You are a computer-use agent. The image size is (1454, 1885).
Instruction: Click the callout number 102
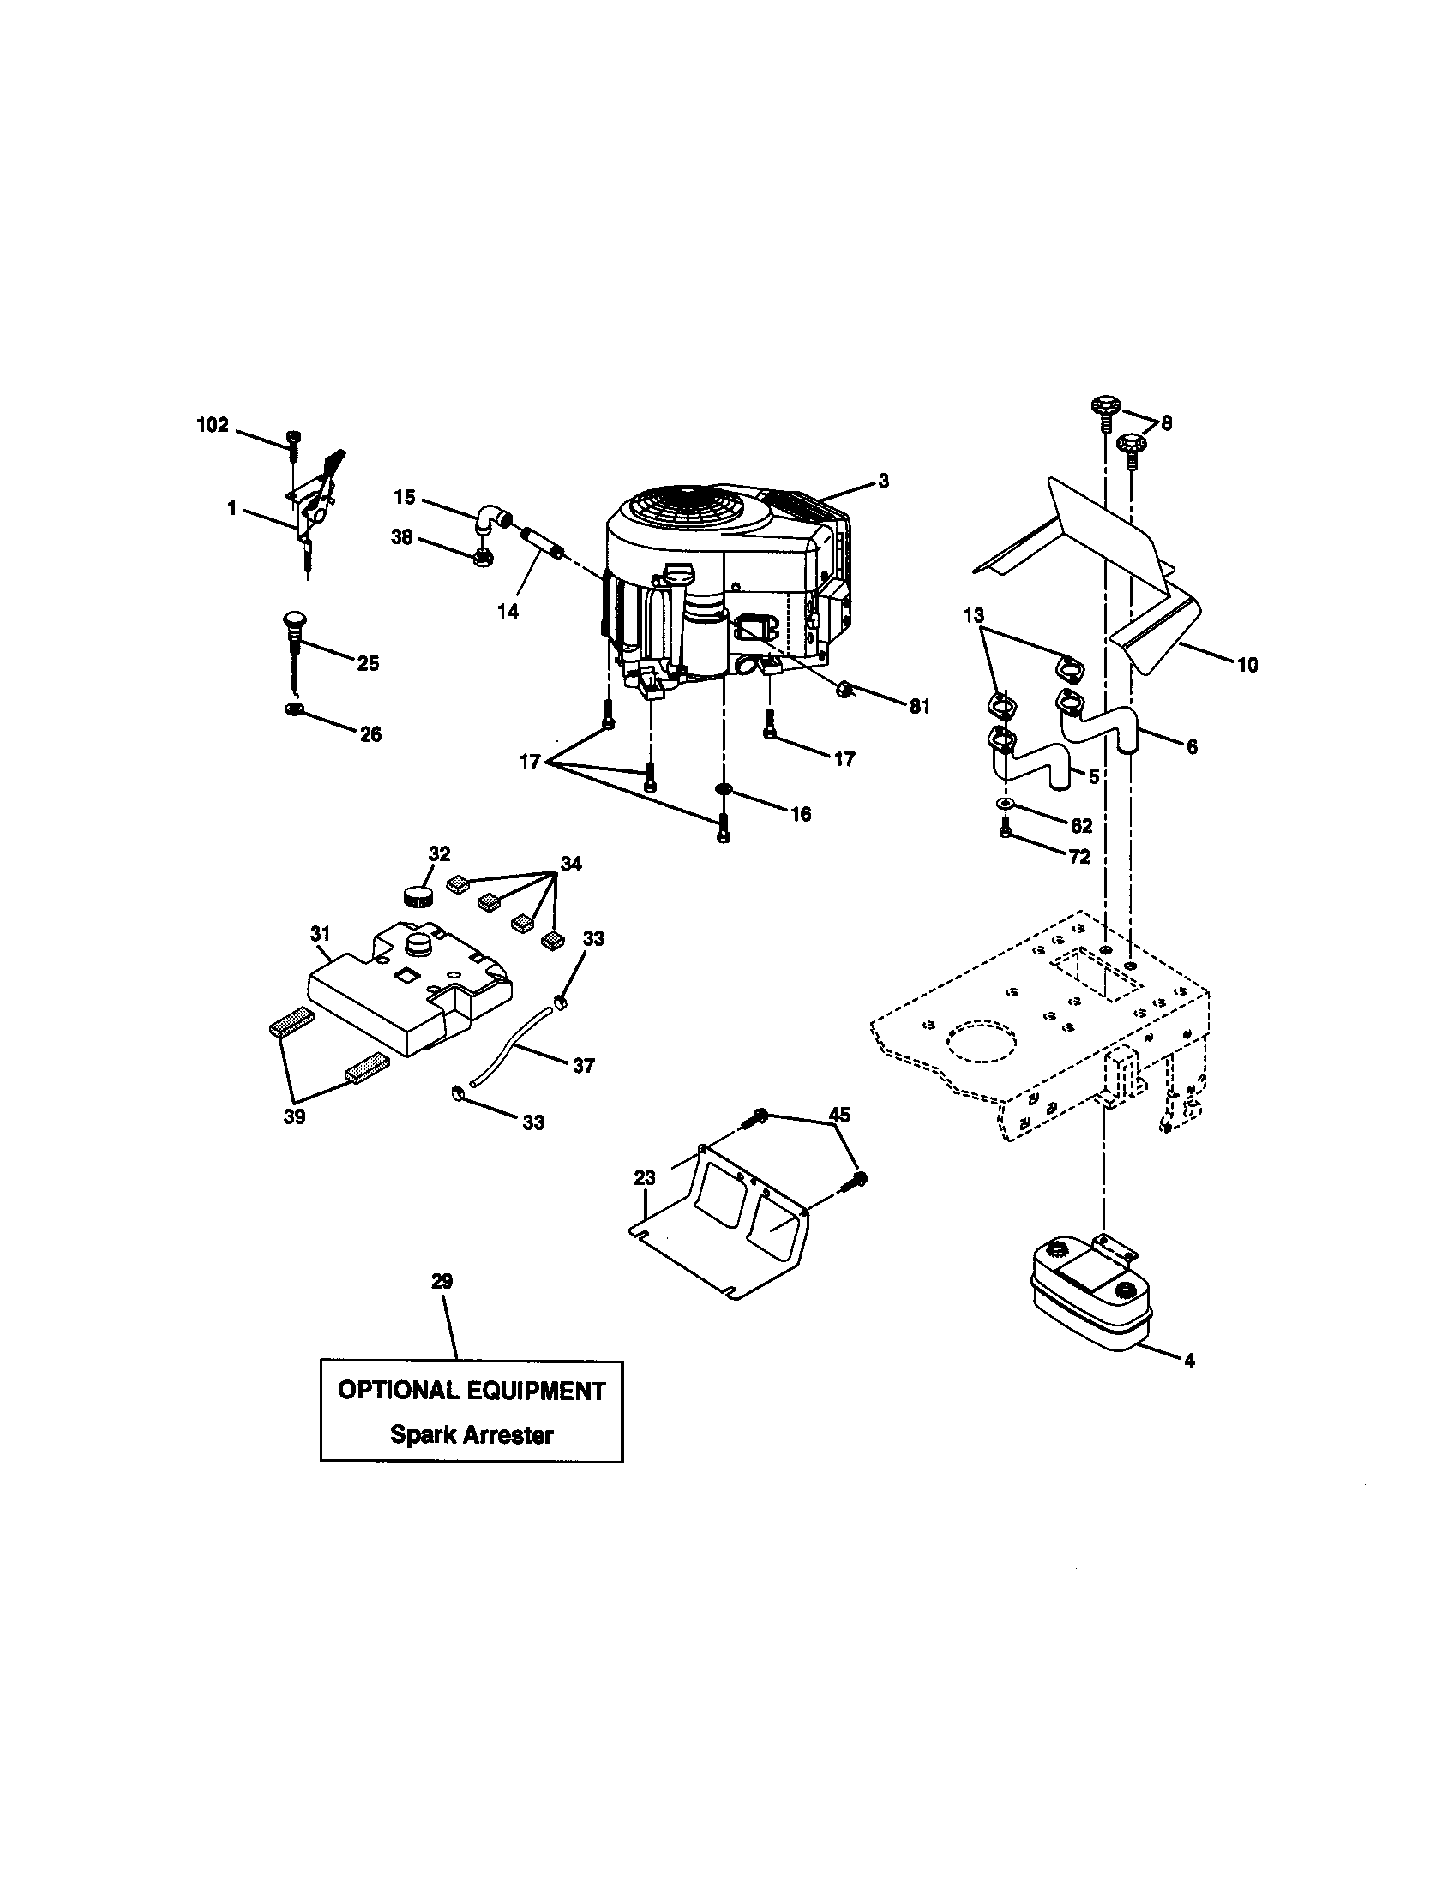pyautogui.click(x=213, y=425)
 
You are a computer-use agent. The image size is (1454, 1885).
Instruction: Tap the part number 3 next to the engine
pyautogui.click(x=883, y=482)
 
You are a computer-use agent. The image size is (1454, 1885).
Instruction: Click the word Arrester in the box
pyautogui.click(x=508, y=1434)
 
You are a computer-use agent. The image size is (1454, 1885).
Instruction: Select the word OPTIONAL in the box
pyautogui.click(x=398, y=1391)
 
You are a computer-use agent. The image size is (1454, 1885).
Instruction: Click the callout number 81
pyautogui.click(x=920, y=706)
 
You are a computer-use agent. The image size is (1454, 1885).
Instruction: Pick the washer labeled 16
pyautogui.click(x=724, y=789)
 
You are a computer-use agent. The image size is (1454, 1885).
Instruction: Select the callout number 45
pyautogui.click(x=839, y=1115)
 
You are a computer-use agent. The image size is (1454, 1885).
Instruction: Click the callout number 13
pyautogui.click(x=974, y=615)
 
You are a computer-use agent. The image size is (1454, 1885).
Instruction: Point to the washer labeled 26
pyautogui.click(x=292, y=709)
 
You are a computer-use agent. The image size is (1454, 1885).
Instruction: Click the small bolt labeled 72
pyautogui.click(x=1006, y=830)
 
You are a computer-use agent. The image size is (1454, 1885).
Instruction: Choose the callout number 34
pyautogui.click(x=570, y=862)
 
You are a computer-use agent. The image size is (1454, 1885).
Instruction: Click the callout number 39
pyautogui.click(x=294, y=1116)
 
